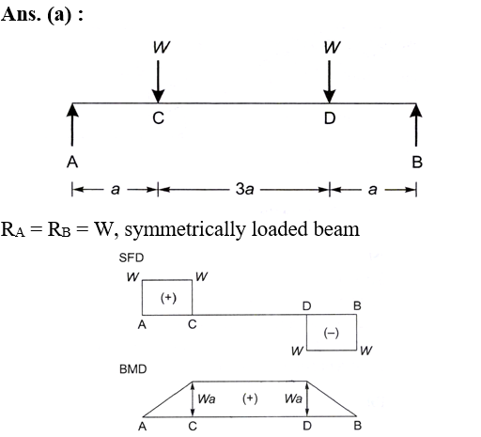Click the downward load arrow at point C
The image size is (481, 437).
click(x=158, y=82)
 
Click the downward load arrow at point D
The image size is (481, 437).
click(x=329, y=82)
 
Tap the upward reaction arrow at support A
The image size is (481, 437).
click(x=72, y=125)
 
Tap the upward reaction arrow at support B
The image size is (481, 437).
click(x=416, y=125)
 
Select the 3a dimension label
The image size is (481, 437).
click(x=244, y=189)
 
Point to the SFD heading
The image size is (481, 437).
click(x=132, y=258)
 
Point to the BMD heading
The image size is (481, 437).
click(x=132, y=369)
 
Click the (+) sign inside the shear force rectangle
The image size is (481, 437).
click(x=168, y=298)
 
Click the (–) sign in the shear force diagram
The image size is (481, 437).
click(x=331, y=333)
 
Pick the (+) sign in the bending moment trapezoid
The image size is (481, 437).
click(x=250, y=398)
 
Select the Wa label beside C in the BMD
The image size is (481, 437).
click(x=207, y=398)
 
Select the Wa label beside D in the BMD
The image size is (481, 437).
click(x=293, y=398)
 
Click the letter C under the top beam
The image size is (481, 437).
click(x=158, y=118)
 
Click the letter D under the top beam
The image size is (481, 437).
click(x=330, y=118)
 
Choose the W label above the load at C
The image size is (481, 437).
click(x=162, y=47)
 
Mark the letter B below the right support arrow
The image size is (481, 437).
click(x=417, y=163)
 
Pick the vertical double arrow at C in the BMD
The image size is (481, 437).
click(x=193, y=398)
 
